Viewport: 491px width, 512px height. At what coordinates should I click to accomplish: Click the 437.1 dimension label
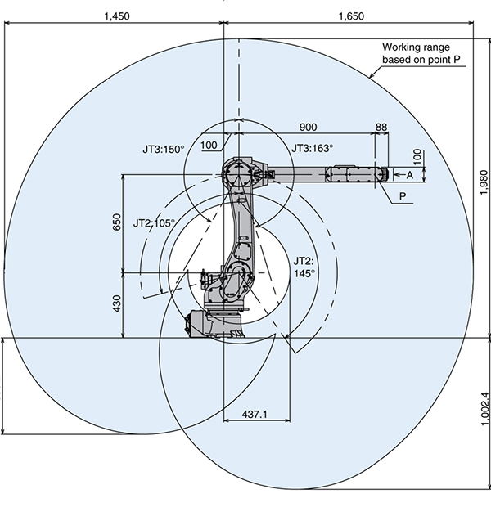(x=255, y=415)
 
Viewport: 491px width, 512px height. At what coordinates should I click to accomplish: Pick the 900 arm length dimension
(x=309, y=127)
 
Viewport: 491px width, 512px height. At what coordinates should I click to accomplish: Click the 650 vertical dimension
(x=115, y=222)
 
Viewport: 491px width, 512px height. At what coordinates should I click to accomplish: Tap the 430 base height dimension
(x=115, y=303)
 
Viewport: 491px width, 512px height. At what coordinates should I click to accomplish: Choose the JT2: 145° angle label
(x=304, y=267)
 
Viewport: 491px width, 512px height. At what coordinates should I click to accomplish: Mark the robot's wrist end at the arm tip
(x=381, y=174)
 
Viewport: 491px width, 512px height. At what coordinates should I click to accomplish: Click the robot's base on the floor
(x=214, y=324)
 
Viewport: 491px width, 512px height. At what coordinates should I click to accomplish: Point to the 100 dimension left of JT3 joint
(x=208, y=145)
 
